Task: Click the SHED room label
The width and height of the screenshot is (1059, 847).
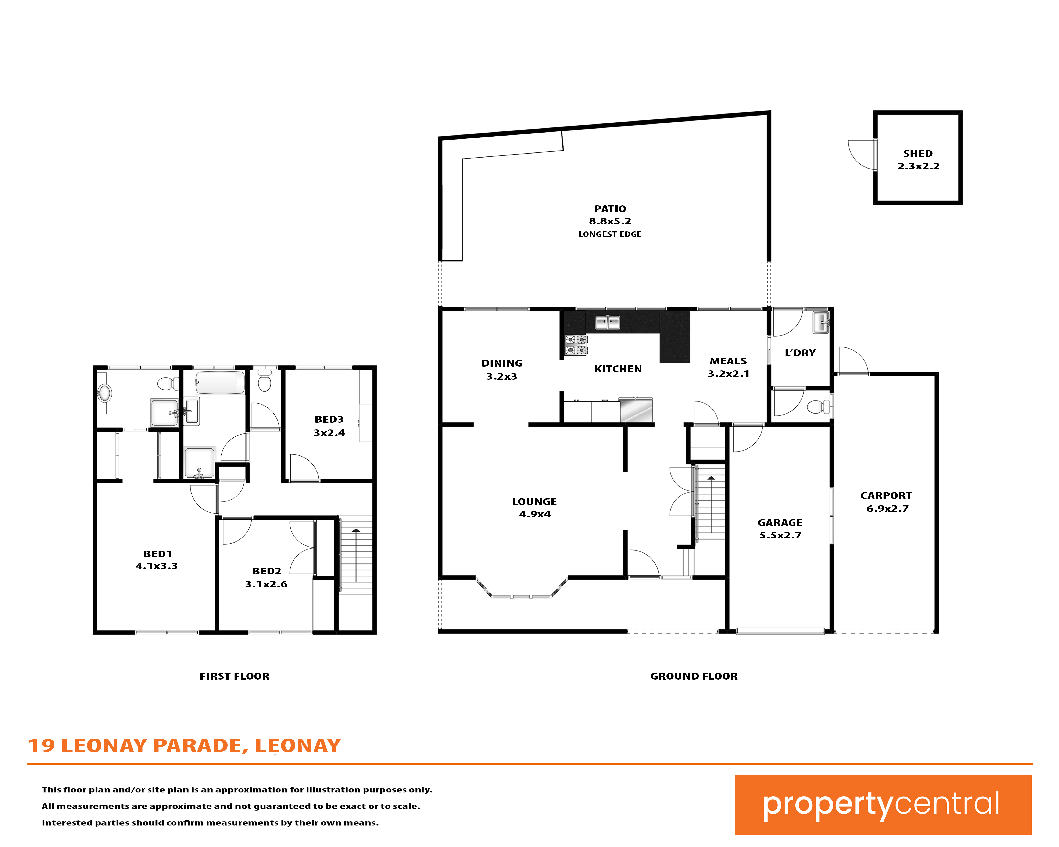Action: (917, 154)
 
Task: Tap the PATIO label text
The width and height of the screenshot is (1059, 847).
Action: (610, 209)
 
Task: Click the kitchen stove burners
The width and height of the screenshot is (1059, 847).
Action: (576, 345)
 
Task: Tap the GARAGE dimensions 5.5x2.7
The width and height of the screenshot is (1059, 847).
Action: (780, 535)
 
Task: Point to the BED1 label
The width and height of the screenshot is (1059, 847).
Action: (157, 554)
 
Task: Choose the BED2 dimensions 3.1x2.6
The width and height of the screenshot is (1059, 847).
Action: (266, 584)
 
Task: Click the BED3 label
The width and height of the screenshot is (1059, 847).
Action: (329, 419)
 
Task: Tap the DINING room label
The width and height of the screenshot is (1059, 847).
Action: (502, 363)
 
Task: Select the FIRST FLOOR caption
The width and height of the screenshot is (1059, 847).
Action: (234, 676)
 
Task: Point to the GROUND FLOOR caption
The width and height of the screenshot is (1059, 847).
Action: (694, 676)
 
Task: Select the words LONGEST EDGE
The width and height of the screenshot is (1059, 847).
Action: (610, 234)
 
